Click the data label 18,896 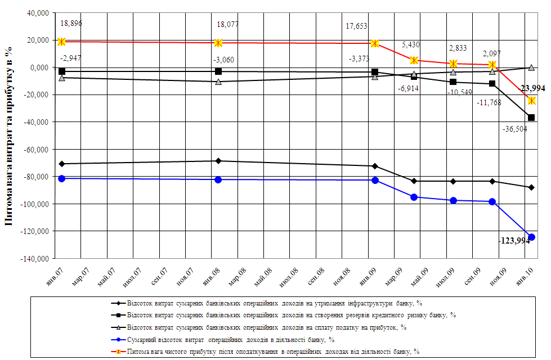tap(71, 24)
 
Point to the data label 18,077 tap(228, 25)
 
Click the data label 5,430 tap(411, 45)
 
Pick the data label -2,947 tap(71, 58)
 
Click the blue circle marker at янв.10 tap(531, 237)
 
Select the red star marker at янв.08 tap(218, 43)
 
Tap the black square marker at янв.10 tap(531, 118)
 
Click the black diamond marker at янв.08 tap(218, 161)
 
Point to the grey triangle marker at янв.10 tap(531, 67)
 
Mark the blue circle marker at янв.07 tap(62, 178)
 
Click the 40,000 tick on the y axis tap(35, 13)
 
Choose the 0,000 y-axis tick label tap(38, 67)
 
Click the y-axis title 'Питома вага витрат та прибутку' tap(8, 135)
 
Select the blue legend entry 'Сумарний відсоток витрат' tap(231, 339)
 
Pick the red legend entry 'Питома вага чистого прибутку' tap(274, 350)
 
